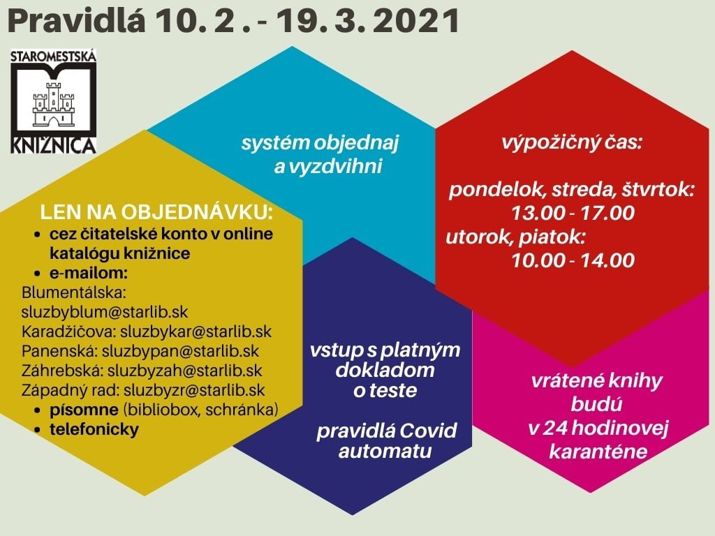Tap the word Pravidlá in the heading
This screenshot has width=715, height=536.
77,20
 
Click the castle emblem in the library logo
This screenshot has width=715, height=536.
53,104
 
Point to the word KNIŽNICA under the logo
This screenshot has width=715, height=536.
53,145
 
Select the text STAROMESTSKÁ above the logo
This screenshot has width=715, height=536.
53,57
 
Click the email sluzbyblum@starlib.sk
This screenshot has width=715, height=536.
105,312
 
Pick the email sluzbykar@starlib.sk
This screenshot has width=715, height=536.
196,332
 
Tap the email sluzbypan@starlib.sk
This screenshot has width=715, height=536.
180,351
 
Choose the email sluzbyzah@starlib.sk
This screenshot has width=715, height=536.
184,371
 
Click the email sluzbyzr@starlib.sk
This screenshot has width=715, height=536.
194,390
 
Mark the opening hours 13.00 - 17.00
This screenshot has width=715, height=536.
573,214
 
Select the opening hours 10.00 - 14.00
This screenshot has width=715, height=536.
573,260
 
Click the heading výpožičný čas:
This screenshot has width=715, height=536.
572,143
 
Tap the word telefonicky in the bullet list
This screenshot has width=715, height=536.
94,429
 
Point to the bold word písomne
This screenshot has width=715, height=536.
84,410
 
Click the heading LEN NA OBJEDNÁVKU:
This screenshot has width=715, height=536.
156,212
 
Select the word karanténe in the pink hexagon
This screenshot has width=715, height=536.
598,452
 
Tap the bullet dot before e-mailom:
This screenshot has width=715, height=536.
38,274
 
